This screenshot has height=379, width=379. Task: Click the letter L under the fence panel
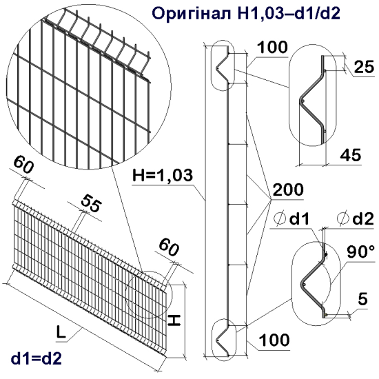[x=61, y=333]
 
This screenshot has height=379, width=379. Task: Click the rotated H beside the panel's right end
[x=176, y=320]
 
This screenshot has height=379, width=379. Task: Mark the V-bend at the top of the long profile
[x=223, y=64]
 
